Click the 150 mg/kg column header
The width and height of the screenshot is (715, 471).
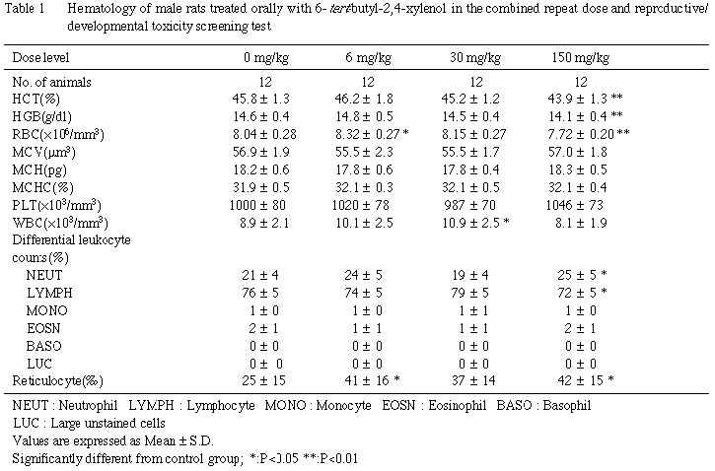580,57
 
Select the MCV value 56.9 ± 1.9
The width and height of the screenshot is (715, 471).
258,151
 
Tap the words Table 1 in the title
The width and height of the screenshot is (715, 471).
30,8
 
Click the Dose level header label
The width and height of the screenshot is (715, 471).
40,57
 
